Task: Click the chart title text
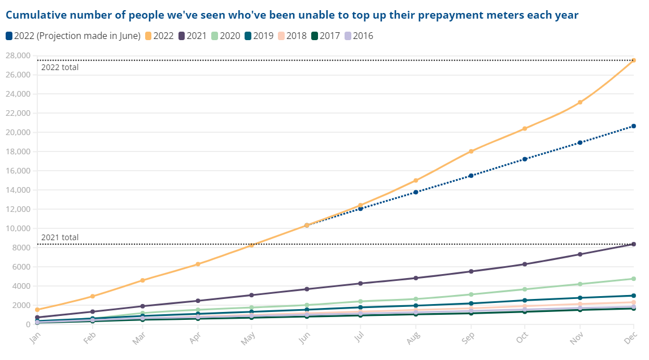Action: [292, 15]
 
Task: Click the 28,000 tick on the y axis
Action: [18, 55]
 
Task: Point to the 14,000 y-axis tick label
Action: [18, 190]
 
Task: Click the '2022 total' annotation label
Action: [60, 67]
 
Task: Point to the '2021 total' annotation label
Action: [60, 237]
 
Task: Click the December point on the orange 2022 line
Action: [634, 60]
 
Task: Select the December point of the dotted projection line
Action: [634, 126]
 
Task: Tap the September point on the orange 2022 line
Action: [471, 151]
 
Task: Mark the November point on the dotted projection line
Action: [580, 142]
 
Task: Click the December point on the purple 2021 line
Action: [634, 244]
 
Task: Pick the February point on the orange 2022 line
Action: [92, 296]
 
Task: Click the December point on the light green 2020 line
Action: [634, 279]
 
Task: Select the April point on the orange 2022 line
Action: [198, 264]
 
